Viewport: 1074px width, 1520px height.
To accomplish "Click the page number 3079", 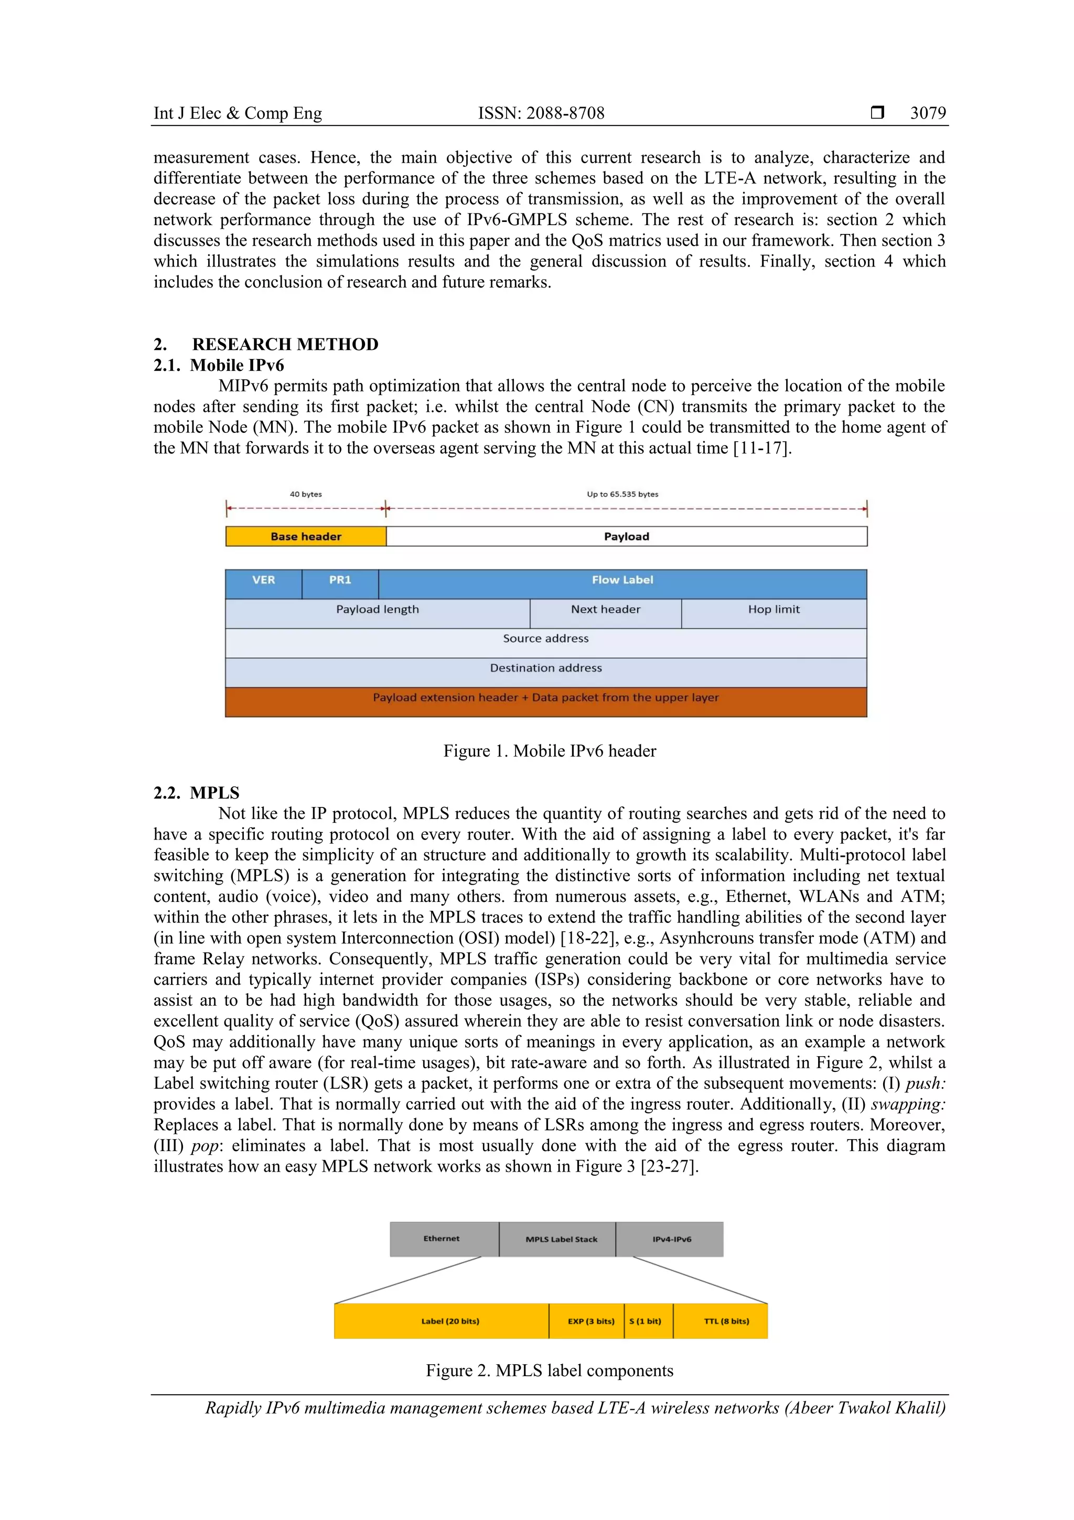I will point(927,113).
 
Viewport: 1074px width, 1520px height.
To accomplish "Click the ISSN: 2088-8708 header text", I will point(541,113).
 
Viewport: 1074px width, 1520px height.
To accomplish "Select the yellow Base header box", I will point(306,536).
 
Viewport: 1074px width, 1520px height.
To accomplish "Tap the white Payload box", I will point(626,536).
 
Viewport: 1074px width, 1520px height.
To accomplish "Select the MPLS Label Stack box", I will point(561,1239).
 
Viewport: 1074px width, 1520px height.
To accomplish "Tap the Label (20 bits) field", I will point(449,1321).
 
